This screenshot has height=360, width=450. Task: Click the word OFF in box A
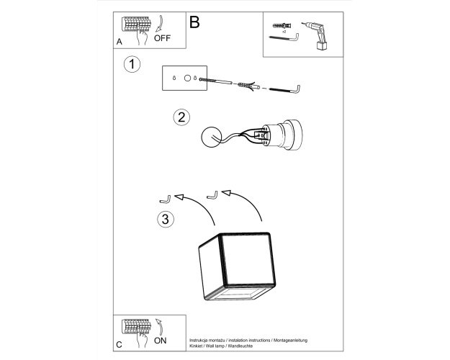162,38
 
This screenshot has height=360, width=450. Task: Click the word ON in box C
160,341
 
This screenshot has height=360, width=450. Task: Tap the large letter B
194,22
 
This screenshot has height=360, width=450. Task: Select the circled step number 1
132,64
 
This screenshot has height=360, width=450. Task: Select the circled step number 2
181,117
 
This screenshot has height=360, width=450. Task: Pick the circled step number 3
166,220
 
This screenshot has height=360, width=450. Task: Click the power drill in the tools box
316,35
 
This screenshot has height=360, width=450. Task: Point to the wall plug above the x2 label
282,25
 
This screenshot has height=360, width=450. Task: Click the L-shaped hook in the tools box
284,38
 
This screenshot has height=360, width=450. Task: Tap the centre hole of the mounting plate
187,78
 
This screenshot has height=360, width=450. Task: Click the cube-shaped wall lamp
237,266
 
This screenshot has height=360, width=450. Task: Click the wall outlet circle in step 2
212,137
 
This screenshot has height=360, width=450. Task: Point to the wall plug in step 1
248,86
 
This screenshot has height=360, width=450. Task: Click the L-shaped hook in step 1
285,89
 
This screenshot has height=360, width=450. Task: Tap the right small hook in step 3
212,196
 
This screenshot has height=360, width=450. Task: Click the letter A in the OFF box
119,42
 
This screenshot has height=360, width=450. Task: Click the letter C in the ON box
119,344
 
